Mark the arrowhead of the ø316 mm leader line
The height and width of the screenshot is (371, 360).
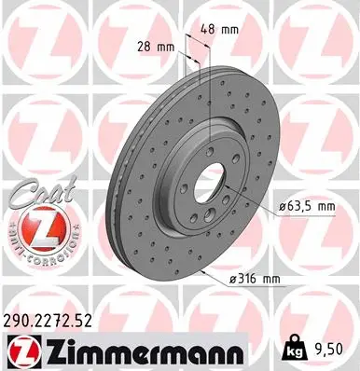(202, 271)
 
